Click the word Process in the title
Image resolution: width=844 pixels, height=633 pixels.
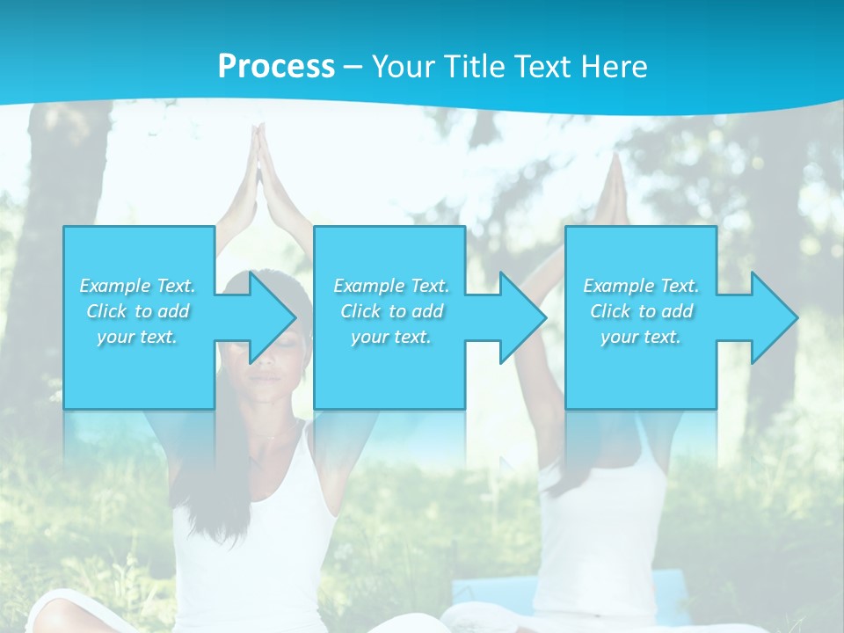click(x=276, y=67)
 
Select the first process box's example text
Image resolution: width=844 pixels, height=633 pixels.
click(x=137, y=311)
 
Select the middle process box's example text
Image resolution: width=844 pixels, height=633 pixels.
click(x=390, y=311)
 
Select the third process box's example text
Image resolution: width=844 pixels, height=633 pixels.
click(x=641, y=311)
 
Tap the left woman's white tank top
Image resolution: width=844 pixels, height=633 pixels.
click(x=255, y=527)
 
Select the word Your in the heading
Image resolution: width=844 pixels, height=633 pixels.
click(x=404, y=67)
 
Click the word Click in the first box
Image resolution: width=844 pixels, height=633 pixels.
click(x=106, y=311)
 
